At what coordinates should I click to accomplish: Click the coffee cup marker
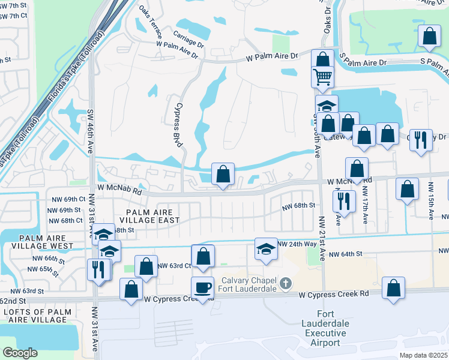point(202,288)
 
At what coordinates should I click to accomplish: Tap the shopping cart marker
point(322,77)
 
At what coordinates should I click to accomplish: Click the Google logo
point(20,353)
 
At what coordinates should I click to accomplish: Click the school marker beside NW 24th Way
point(266,249)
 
